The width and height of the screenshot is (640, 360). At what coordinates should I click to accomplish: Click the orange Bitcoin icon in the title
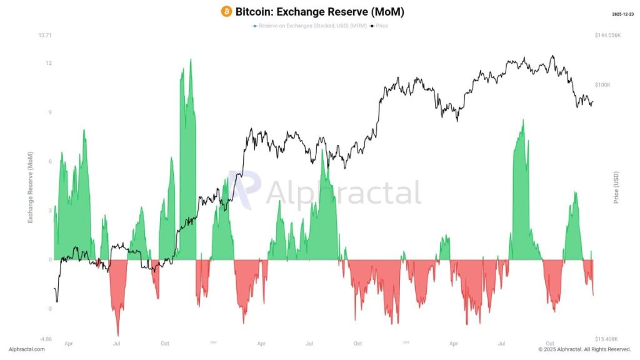226,11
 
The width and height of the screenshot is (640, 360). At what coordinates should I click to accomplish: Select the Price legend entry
379,26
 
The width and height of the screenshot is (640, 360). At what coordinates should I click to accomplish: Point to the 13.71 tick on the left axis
44,36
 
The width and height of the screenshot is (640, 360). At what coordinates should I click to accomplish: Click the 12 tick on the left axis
48,63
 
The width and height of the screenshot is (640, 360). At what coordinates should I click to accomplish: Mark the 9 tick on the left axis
49,112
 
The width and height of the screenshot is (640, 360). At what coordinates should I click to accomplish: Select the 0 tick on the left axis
49,259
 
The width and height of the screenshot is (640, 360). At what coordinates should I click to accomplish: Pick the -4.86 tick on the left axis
45,339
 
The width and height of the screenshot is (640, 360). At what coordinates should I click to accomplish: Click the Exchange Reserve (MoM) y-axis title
30,187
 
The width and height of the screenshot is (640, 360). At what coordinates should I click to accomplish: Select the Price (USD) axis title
616,187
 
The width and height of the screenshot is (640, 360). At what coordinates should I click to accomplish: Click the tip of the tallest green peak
190,59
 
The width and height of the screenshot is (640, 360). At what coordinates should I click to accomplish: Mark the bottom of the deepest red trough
117,336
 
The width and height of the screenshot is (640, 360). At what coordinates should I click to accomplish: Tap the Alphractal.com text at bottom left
27,349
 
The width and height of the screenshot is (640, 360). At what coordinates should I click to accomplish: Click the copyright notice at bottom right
584,349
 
